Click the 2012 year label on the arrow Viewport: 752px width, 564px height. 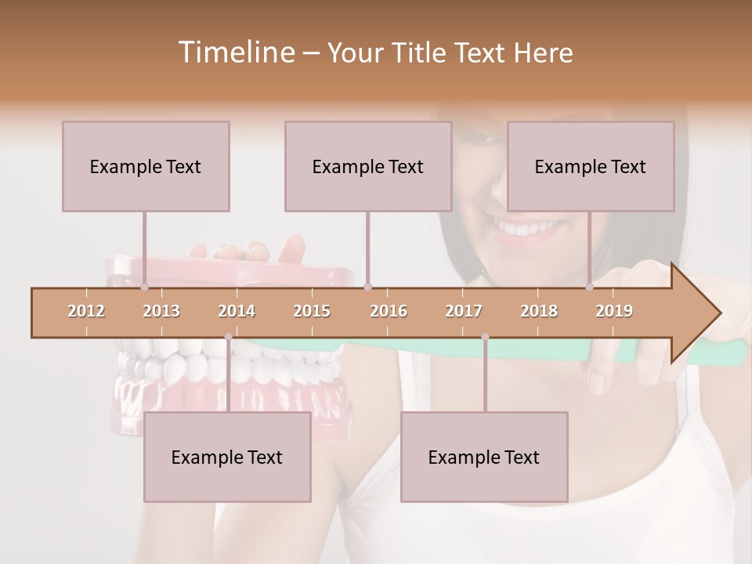pos(86,311)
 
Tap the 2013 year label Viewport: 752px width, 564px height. pos(161,311)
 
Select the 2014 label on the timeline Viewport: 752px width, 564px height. pos(237,311)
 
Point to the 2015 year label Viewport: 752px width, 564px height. pos(312,311)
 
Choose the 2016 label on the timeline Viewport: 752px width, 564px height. pos(389,311)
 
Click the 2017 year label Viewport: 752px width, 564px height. pos(464,311)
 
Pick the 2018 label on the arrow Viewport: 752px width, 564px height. pos(539,311)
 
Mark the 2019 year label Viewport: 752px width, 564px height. pos(614,311)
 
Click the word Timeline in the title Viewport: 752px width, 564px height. pos(235,52)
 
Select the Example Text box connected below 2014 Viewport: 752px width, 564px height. pos(227,457)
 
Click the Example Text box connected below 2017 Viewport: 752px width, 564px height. pos(484,457)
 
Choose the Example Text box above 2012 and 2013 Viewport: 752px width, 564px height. pos(146,166)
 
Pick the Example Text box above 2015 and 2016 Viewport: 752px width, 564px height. pos(368,166)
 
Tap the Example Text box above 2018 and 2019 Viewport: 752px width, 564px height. pos(591,166)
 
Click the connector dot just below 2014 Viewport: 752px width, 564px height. pos(228,337)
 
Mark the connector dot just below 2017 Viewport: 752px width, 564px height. pos(485,337)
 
